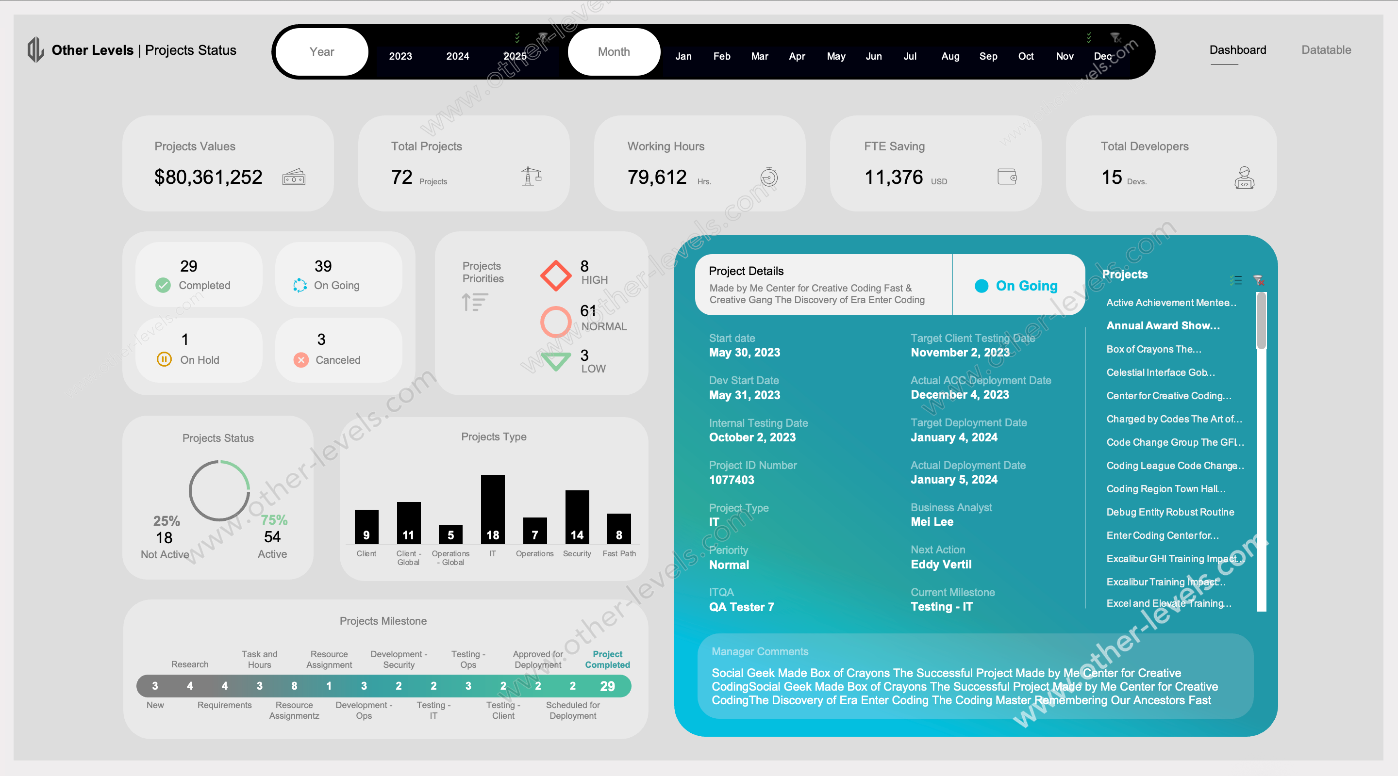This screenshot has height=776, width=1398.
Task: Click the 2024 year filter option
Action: [x=457, y=56]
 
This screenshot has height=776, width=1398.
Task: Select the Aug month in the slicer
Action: [x=950, y=56]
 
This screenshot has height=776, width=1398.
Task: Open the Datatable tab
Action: [x=1326, y=50]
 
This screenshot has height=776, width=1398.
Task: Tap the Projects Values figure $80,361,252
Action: [x=208, y=177]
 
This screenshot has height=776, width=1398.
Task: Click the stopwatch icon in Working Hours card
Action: [x=768, y=177]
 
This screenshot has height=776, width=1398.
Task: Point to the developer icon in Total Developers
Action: [x=1244, y=178]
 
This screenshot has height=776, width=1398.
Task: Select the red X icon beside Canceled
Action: [x=301, y=359]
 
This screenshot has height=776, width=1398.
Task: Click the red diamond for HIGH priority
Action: [x=556, y=275]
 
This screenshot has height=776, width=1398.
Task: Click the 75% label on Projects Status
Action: [x=274, y=519]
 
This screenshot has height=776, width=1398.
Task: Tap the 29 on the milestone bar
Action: [x=607, y=686]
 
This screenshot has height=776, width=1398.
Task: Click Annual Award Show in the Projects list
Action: [x=1163, y=325]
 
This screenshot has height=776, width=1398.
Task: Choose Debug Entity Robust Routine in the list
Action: [x=1170, y=512]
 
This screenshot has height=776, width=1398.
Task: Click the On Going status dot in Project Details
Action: [x=981, y=286]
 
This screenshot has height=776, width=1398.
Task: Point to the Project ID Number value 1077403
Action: [x=732, y=479]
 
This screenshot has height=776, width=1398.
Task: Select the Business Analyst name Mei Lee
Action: [x=932, y=522]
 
